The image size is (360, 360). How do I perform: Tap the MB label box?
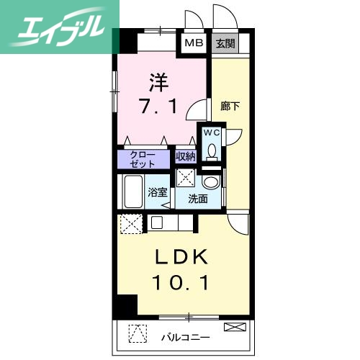[x=194, y=42]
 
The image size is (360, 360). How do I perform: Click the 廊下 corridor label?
[x=230, y=106]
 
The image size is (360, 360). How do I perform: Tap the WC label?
[x=212, y=133]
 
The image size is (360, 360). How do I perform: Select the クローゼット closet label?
[x=143, y=158]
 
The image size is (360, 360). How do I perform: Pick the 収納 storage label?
[x=186, y=156]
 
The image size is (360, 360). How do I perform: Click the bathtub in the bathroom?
[x=133, y=192]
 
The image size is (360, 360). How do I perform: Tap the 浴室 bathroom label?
[x=158, y=193]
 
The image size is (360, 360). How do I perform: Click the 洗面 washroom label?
[x=198, y=199]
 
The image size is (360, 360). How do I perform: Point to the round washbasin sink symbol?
[x=211, y=181]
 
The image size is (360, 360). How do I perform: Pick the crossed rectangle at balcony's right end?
[x=234, y=328]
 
